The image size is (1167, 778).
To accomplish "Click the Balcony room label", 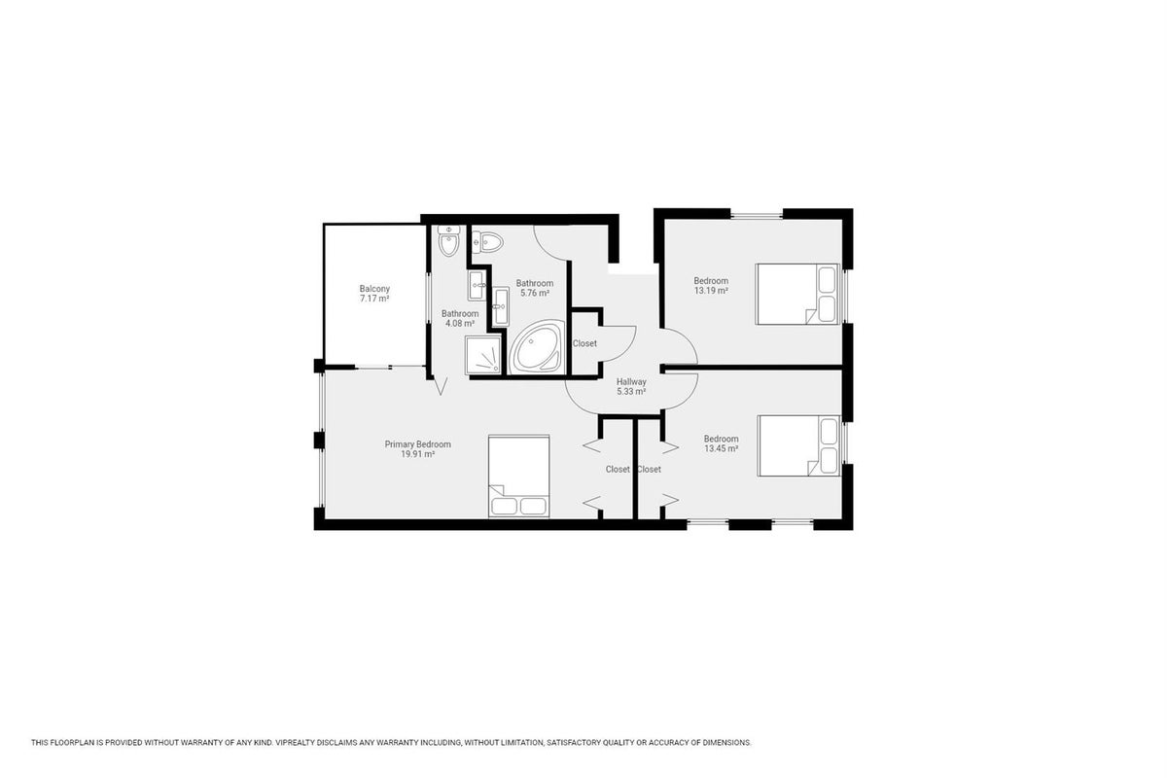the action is click(x=374, y=289).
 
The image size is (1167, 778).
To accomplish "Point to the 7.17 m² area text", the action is click(x=374, y=299).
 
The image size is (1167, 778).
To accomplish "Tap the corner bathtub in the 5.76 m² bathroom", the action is click(x=537, y=347).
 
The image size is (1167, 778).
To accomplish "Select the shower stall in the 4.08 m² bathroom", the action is click(x=483, y=355).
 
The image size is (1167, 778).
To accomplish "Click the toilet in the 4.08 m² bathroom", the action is click(x=448, y=241).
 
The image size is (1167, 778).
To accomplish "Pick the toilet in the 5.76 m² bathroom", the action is click(x=487, y=242).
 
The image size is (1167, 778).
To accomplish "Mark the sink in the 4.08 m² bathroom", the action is click(x=477, y=285).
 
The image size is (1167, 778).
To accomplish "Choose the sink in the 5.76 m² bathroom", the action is click(x=501, y=306).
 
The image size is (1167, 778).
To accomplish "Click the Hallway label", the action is click(x=631, y=382).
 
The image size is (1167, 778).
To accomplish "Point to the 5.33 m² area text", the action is click(x=631, y=392).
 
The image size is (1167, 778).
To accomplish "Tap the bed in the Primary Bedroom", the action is click(x=519, y=477).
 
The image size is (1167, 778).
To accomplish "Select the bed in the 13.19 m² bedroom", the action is click(x=797, y=295).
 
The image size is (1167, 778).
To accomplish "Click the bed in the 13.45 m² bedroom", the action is click(x=799, y=446).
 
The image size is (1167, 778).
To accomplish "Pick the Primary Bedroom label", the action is click(x=418, y=444).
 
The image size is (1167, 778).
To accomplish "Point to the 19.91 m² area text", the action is click(x=418, y=454).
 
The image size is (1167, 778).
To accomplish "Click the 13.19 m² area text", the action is click(x=711, y=291).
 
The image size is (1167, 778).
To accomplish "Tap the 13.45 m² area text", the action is click(x=721, y=448).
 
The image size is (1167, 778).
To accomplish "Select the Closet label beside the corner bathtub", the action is click(x=584, y=344).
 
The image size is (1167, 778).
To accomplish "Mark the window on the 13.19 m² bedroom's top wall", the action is click(x=757, y=214).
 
